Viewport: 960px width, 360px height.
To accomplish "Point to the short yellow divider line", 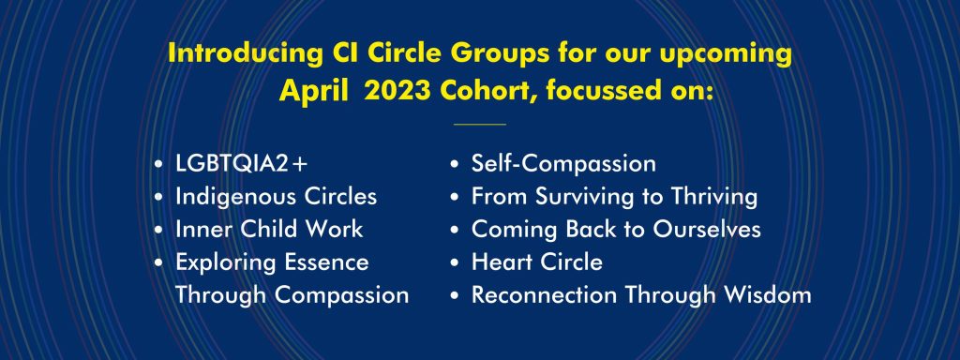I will click(x=479, y=124).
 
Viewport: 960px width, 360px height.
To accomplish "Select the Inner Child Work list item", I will click(x=268, y=229).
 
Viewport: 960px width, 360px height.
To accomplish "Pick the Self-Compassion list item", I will click(x=562, y=164).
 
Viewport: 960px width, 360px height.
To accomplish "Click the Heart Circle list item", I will click(x=536, y=262).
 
